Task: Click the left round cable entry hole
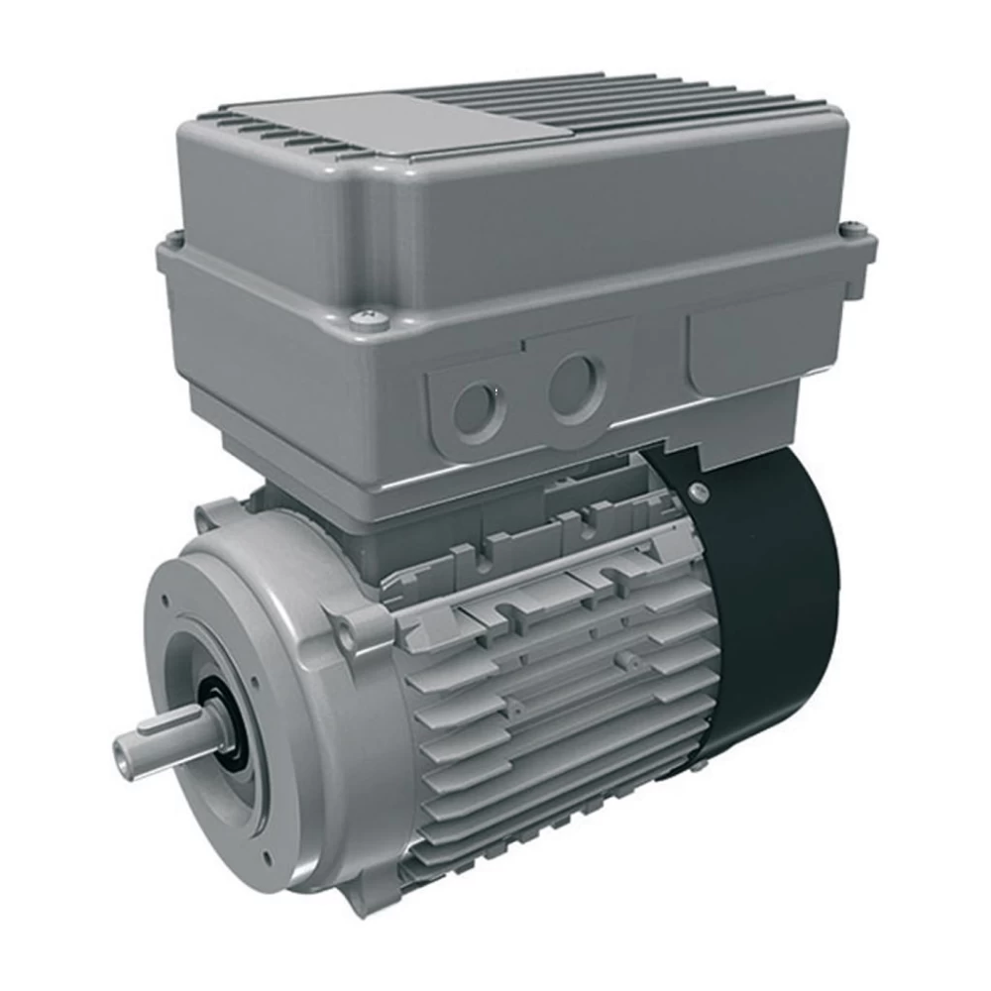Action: pyautogui.click(x=477, y=409)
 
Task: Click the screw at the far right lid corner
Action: pyautogui.click(x=854, y=230)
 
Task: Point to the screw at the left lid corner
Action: pyautogui.click(x=173, y=239)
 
